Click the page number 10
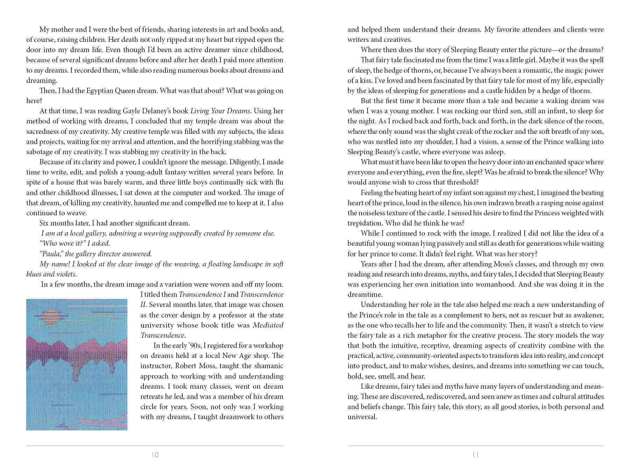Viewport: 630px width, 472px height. (155, 455)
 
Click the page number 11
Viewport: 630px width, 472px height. (476, 455)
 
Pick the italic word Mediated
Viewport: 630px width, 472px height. (268, 325)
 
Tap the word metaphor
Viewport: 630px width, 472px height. (439, 335)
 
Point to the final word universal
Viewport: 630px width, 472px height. (362, 417)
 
